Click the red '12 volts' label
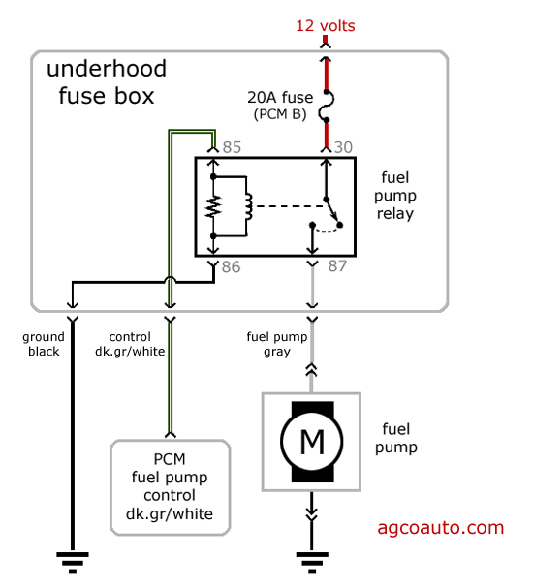(x=325, y=25)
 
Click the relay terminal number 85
(x=232, y=147)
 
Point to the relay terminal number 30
(x=343, y=147)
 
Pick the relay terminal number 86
(x=231, y=266)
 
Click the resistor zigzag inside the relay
(x=213, y=206)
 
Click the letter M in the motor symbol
(x=312, y=442)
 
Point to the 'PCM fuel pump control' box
(x=170, y=486)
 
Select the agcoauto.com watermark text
(x=440, y=528)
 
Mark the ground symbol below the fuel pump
(x=312, y=560)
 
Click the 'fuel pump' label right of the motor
(x=399, y=439)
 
